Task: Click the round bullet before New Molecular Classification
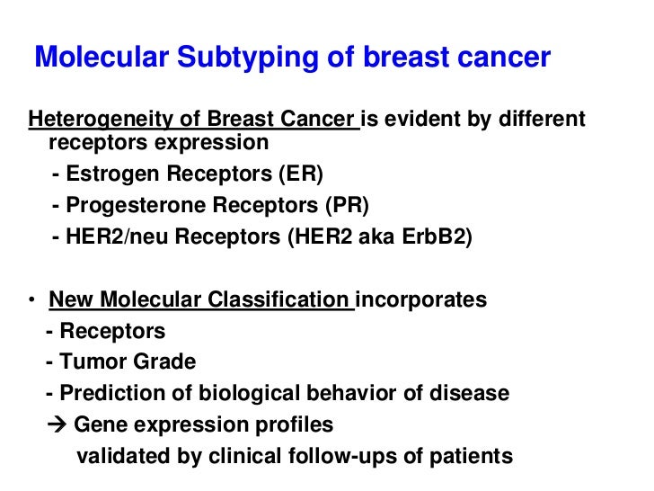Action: [32, 299]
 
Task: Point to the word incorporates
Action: [422, 299]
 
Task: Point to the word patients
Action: [474, 455]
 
